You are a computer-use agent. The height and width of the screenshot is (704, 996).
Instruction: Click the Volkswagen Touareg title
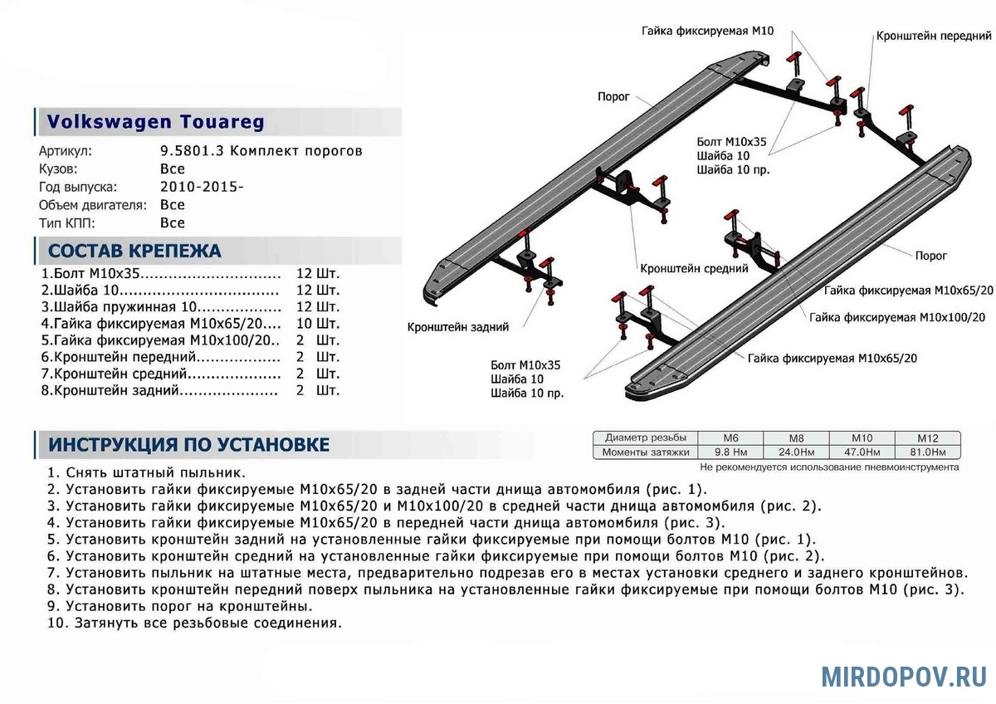click(x=155, y=122)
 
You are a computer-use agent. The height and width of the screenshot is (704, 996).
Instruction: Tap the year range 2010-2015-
click(x=202, y=187)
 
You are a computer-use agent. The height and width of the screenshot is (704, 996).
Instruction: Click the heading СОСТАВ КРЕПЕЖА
click(x=134, y=251)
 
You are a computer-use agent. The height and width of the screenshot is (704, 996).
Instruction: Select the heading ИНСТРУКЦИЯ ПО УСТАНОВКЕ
click(x=188, y=444)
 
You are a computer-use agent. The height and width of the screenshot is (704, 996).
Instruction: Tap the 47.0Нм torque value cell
click(x=862, y=452)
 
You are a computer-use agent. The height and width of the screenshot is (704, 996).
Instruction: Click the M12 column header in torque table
click(x=927, y=438)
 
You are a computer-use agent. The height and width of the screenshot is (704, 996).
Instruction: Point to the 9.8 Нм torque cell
click(x=731, y=452)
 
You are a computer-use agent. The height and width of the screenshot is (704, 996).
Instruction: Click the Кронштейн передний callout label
click(x=934, y=37)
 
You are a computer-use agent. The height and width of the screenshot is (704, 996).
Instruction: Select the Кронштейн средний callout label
click(x=694, y=269)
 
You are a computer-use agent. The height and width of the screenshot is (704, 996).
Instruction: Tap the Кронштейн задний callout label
click(x=458, y=327)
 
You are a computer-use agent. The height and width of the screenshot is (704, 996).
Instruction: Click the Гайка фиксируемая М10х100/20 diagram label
click(x=897, y=317)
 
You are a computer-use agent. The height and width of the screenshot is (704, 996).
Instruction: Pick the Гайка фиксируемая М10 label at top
click(x=707, y=31)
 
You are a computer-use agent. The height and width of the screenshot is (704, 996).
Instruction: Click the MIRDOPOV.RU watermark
click(x=904, y=677)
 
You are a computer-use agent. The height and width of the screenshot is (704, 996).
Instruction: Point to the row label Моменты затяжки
click(x=647, y=452)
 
